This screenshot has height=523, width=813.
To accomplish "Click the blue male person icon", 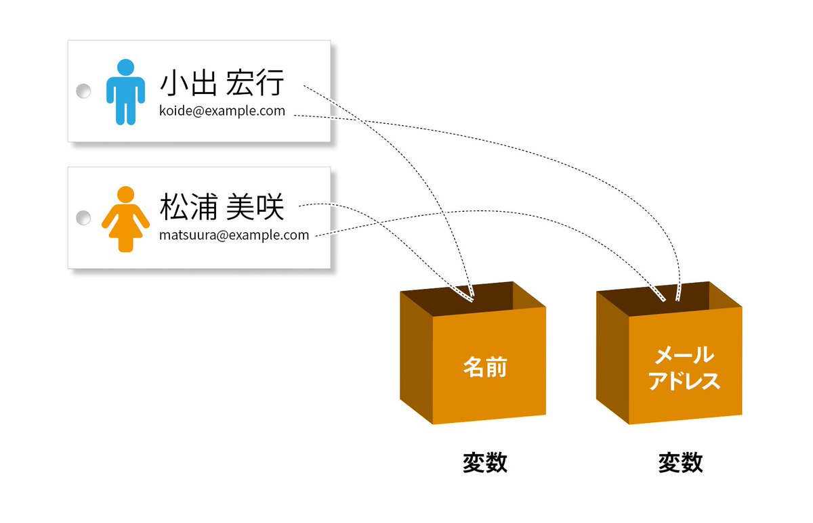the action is click(x=125, y=93).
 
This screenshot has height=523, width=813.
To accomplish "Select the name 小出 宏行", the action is click(x=222, y=84).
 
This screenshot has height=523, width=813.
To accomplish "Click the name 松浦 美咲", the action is click(x=222, y=208).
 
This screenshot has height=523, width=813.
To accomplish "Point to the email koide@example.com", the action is click(x=222, y=111).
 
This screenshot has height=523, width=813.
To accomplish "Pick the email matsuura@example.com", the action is click(x=234, y=235).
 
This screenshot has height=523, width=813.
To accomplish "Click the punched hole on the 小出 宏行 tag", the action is click(x=83, y=91).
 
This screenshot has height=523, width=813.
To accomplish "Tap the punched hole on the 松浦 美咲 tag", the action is click(x=83, y=218).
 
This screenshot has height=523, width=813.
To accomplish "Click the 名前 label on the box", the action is click(x=485, y=367).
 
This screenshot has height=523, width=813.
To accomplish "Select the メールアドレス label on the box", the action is click(x=683, y=367).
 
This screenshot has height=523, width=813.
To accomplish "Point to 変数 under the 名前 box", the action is click(x=485, y=463).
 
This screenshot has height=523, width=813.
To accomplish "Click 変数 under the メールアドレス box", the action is click(x=680, y=463).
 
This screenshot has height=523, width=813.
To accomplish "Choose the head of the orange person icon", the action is click(x=125, y=195).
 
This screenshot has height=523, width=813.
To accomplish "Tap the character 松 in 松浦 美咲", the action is click(x=174, y=208).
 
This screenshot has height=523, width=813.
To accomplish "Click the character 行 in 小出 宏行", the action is click(x=271, y=84).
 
